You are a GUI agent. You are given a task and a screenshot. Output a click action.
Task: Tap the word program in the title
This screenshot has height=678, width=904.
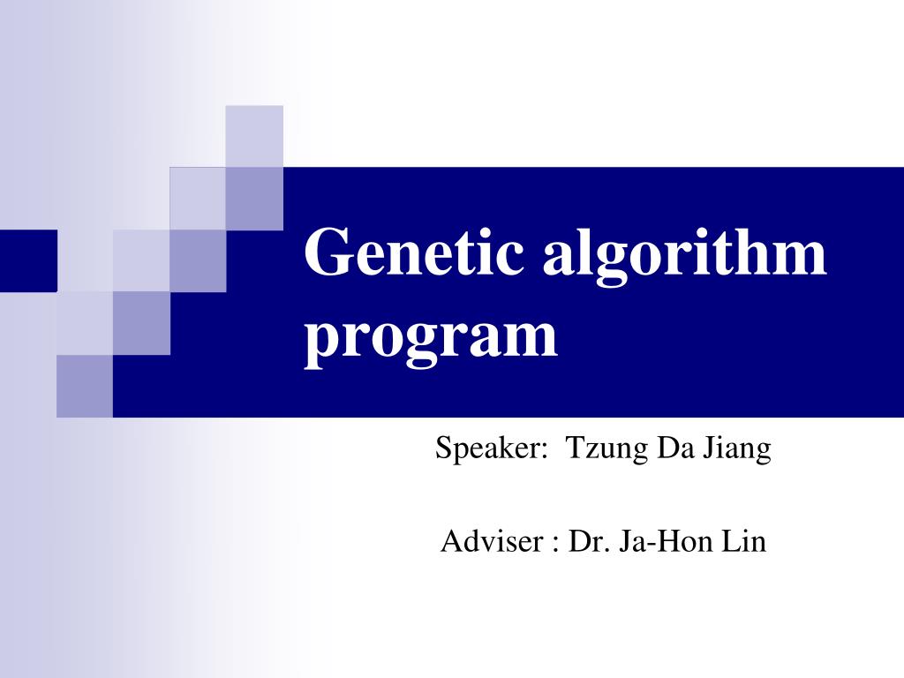pos(431,338)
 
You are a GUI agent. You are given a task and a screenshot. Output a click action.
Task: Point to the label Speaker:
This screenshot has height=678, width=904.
pos(488,450)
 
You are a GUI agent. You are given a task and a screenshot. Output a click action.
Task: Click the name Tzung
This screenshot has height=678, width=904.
pos(605,450)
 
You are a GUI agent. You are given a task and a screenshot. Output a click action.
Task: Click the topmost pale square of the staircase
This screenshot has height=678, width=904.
pos(254,135)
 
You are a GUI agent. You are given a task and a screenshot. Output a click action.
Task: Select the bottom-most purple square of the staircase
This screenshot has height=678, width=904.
pos(85,386)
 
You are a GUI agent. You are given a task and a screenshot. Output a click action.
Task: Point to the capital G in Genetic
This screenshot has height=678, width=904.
pos(326,252)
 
